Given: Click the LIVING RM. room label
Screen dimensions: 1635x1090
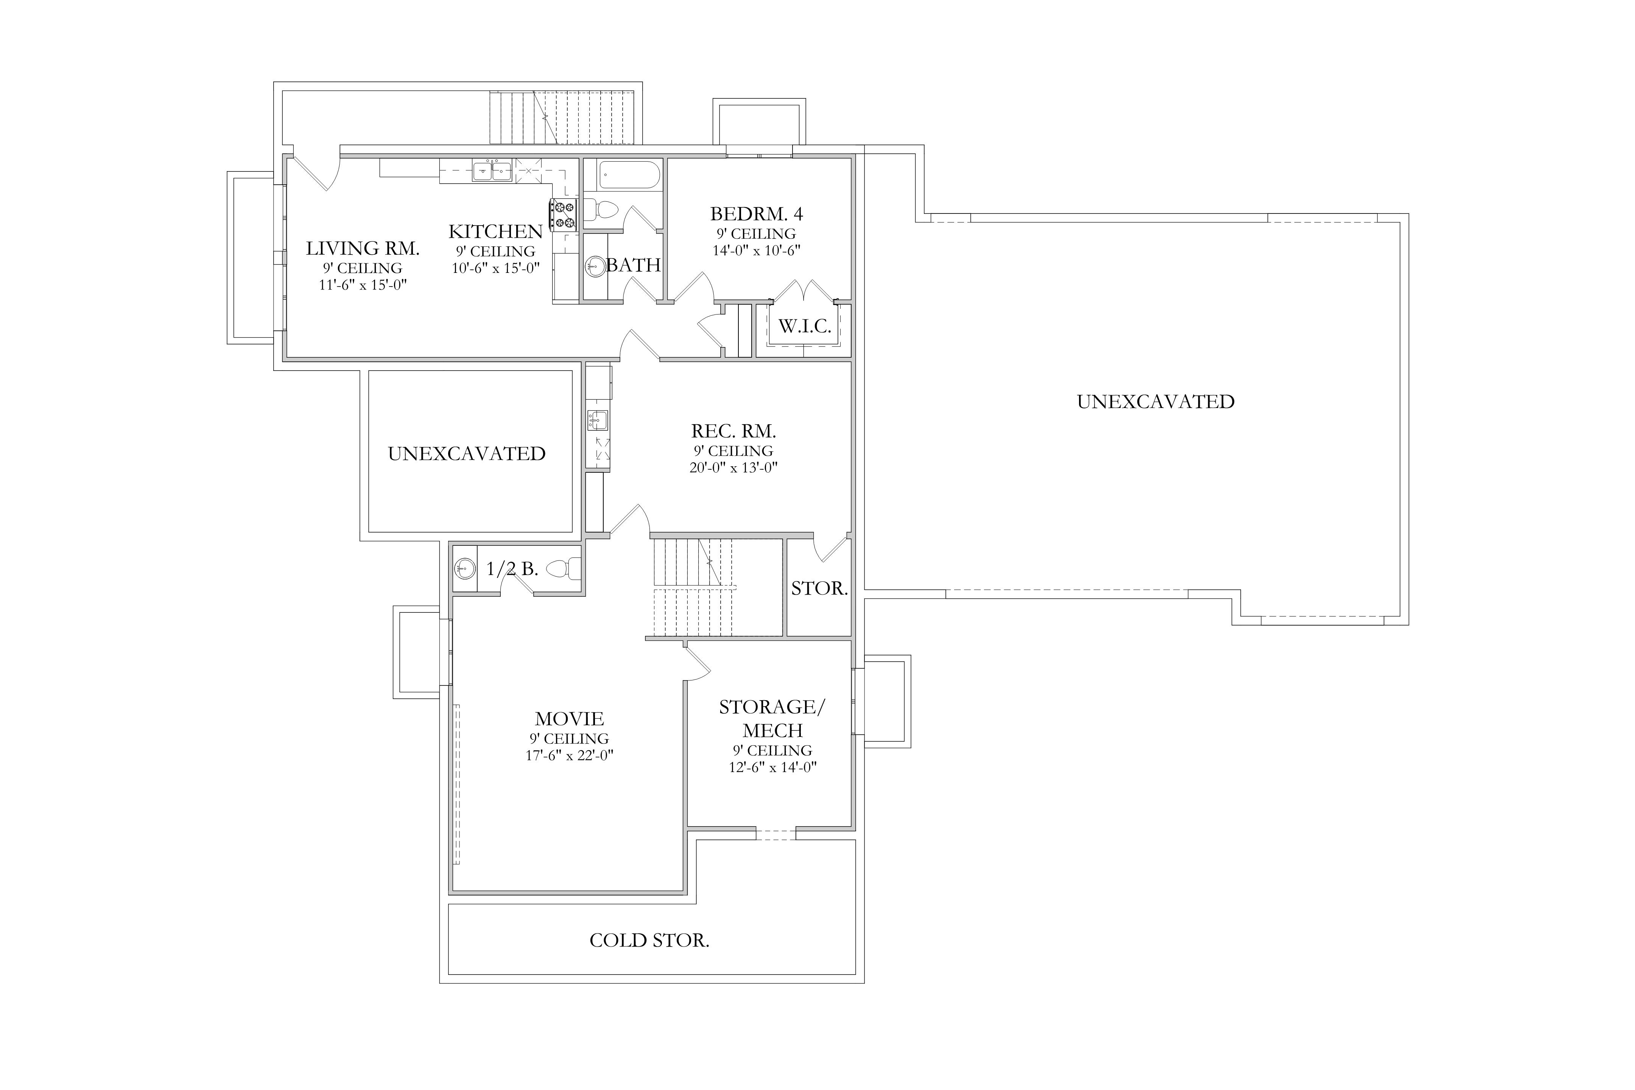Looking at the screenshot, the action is pos(363,248).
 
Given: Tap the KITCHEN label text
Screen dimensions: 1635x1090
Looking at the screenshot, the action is pos(496,232).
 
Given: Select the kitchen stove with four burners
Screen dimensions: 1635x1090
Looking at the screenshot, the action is pos(563,215).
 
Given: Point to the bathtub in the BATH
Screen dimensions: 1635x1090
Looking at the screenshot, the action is pos(629,175).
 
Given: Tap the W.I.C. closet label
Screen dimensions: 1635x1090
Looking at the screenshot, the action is pos(804,327).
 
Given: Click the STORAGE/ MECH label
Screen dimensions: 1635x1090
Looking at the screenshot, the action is pos(772,719).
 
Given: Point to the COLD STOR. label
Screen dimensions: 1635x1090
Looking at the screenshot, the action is pos(649,941).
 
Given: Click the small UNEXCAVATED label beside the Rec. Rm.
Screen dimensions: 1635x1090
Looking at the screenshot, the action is pos(466,454).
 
